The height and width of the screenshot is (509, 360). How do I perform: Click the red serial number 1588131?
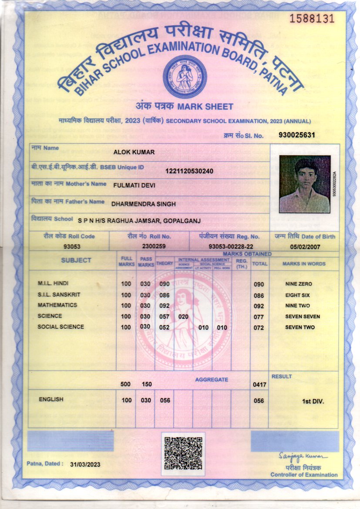(x=312, y=18)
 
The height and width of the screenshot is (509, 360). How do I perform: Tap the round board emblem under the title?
(x=185, y=77)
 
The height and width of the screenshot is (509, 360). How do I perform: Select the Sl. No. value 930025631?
(x=296, y=135)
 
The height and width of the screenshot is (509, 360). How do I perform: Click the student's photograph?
(x=305, y=184)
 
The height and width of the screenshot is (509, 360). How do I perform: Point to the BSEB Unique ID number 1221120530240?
(x=189, y=171)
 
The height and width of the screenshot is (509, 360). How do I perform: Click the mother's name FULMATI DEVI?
(x=134, y=185)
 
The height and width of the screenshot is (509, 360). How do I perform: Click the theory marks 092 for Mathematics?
(x=165, y=306)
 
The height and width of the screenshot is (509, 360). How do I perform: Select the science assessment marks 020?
(x=183, y=317)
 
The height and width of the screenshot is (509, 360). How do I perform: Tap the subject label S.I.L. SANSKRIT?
(x=59, y=295)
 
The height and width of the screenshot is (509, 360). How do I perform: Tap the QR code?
(x=183, y=453)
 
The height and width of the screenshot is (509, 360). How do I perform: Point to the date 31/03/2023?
(x=85, y=465)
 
